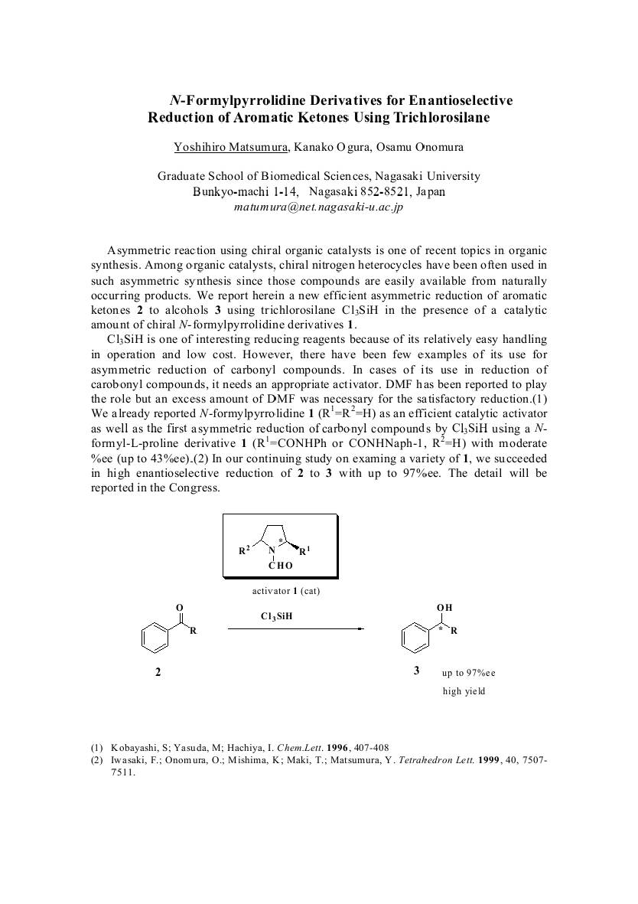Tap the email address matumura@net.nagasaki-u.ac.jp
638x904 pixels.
(x=317, y=207)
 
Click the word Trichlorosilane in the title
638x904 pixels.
(x=441, y=118)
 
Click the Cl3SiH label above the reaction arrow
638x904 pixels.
(x=277, y=615)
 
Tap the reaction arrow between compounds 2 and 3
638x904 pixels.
(x=295, y=629)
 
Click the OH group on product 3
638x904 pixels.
(x=444, y=608)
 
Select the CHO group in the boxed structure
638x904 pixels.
(x=280, y=566)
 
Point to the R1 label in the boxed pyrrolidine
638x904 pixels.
(x=304, y=550)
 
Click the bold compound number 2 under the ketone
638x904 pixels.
(x=158, y=672)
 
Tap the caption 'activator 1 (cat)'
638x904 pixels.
(x=280, y=591)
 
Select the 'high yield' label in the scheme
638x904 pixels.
(x=464, y=691)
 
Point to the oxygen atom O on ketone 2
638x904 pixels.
(x=178, y=608)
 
